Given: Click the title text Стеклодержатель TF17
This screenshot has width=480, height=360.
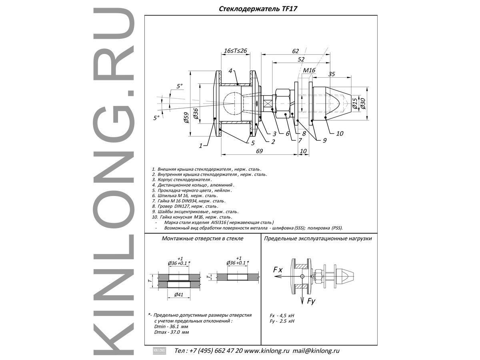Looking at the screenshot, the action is pyautogui.click(x=258, y=9).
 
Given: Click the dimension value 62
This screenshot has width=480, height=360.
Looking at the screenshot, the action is pyautogui.click(x=295, y=51).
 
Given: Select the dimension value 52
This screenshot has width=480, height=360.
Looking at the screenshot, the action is pyautogui.click(x=301, y=60).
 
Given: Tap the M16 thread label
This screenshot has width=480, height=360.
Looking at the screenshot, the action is pyautogui.click(x=309, y=70).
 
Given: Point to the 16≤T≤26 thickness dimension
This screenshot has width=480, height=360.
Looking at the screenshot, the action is pyautogui.click(x=235, y=51).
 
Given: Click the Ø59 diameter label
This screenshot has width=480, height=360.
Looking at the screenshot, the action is pyautogui.click(x=186, y=118).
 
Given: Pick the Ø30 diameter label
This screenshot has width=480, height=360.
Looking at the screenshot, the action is pyautogui.click(x=362, y=103).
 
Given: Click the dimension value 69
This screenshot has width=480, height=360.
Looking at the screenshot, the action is pyautogui.click(x=259, y=151).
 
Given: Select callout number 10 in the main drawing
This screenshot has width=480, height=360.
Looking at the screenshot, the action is pyautogui.click(x=340, y=133).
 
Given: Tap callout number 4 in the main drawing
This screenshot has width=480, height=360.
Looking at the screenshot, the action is pyautogui.click(x=230, y=71).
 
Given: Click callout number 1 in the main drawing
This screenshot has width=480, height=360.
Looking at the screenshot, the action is pyautogui.click(x=201, y=146).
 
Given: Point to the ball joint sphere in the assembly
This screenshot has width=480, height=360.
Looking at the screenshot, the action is pyautogui.click(x=233, y=103).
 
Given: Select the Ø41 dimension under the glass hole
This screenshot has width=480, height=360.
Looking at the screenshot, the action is pyautogui.click(x=179, y=295).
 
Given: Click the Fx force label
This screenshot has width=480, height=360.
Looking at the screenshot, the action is pyautogui.click(x=278, y=270).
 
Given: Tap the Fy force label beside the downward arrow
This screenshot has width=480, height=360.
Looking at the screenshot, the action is pyautogui.click(x=311, y=302).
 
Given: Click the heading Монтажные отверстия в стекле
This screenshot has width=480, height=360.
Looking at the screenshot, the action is pyautogui.click(x=202, y=238).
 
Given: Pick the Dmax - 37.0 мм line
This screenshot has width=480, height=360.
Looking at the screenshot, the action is pyautogui.click(x=172, y=332).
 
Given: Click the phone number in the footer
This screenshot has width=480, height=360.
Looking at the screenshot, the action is pyautogui.click(x=216, y=351).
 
